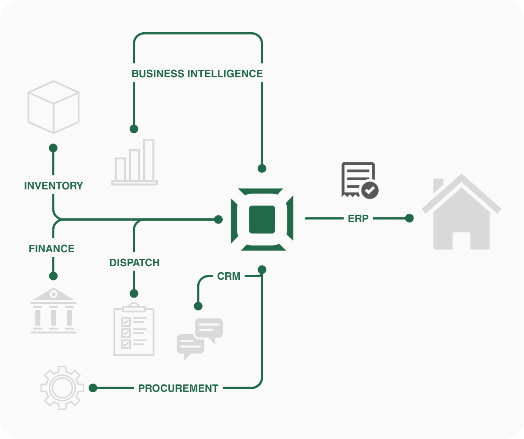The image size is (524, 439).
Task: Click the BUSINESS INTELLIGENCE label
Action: [x=197, y=74]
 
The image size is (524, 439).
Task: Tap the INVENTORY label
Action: [x=53, y=186]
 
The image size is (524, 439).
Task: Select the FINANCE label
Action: [x=52, y=249]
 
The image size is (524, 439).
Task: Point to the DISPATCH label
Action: [x=134, y=263]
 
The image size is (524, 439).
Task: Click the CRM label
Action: [x=229, y=276]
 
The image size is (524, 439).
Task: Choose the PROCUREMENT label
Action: [x=178, y=388]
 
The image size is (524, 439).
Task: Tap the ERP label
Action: [x=358, y=219]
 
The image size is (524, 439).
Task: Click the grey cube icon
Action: [x=53, y=107]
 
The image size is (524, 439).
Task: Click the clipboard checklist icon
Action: [x=134, y=330]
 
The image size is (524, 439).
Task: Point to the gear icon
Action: [x=62, y=388]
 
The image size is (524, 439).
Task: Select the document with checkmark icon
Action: [x=360, y=180]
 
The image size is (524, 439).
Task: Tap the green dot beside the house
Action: [x=409, y=218]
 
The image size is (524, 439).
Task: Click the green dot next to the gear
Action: [x=93, y=388]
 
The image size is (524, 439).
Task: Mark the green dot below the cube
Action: [x=53, y=148]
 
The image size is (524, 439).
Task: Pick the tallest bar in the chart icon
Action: [x=149, y=160]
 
